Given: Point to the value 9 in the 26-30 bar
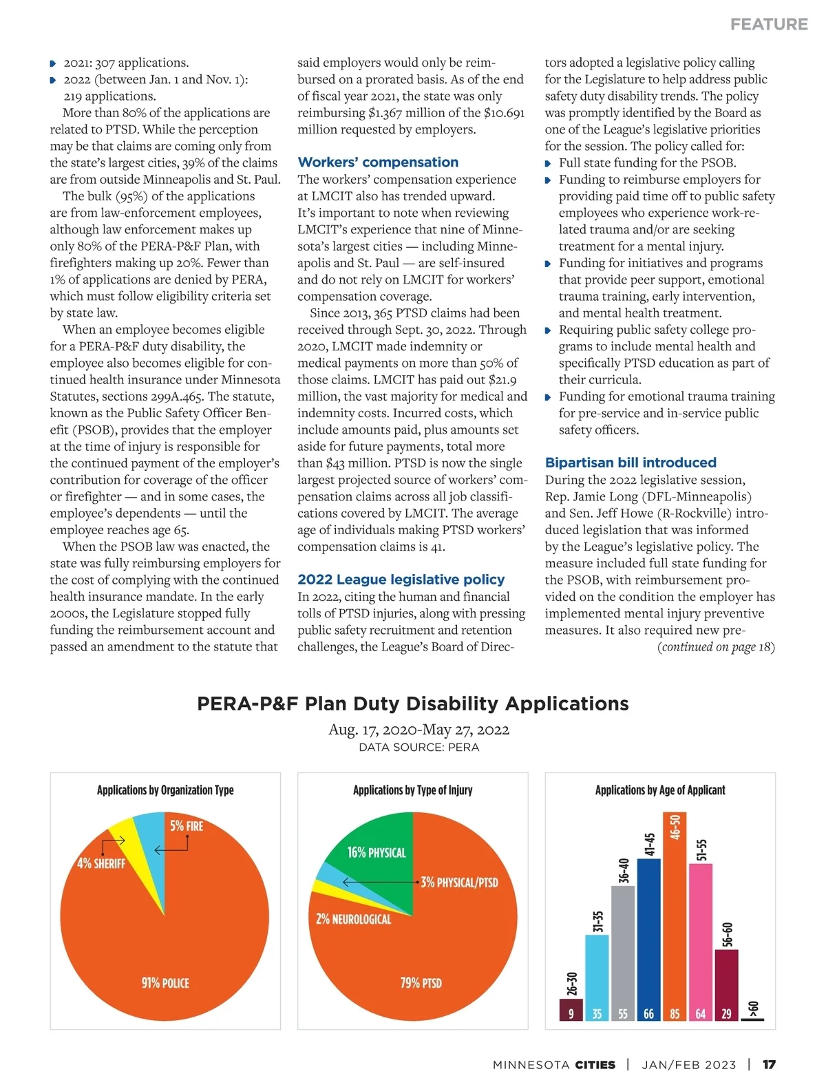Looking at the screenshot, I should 571,1014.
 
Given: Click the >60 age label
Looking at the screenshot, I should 754,1009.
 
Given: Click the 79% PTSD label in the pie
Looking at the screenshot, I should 421,983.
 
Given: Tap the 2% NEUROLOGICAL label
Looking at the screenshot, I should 353,919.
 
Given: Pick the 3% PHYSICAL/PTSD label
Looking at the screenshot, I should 459,882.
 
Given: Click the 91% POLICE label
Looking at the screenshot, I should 165,983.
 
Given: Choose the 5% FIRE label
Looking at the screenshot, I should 187,826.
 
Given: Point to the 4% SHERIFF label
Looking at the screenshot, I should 101,863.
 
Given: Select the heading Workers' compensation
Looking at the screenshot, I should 378,162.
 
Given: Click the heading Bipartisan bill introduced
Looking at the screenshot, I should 631,463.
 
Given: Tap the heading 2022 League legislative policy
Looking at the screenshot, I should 401,580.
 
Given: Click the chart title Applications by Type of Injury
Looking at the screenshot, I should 412,790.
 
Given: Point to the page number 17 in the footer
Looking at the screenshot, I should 769,1065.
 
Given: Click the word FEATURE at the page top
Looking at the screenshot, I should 769,24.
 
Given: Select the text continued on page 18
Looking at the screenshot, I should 716,647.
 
